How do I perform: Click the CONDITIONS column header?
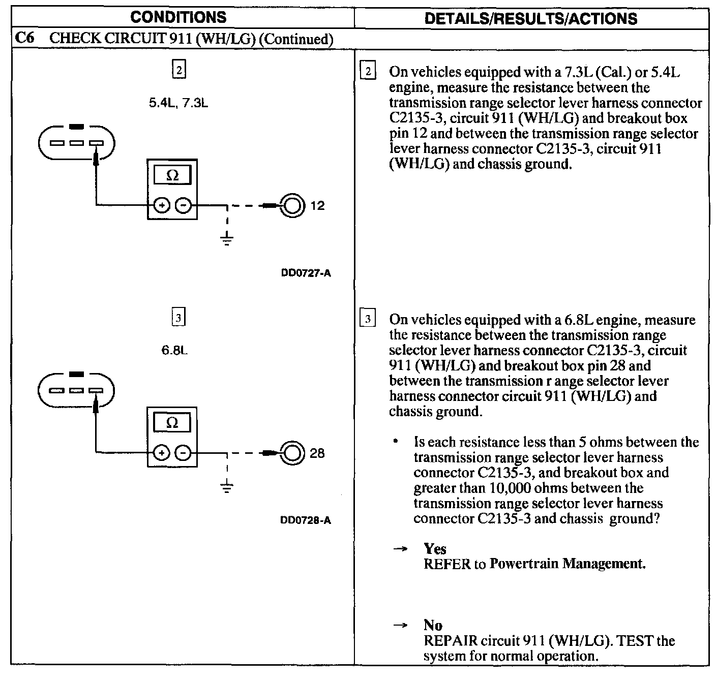click(178, 17)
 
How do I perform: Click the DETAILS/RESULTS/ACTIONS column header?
click(530, 19)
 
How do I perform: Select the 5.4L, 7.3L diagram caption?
click(178, 103)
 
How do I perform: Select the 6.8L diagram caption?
click(174, 351)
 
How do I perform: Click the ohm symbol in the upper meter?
click(172, 176)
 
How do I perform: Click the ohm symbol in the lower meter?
click(172, 423)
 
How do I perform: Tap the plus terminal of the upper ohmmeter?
click(162, 206)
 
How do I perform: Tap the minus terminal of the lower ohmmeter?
click(184, 453)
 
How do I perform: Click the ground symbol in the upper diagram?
click(227, 239)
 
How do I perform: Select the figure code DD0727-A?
click(306, 273)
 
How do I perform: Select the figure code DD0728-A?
click(306, 520)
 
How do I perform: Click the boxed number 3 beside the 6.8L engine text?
click(367, 320)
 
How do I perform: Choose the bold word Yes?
click(435, 549)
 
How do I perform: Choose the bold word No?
click(433, 626)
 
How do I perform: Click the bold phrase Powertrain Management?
click(567, 564)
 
